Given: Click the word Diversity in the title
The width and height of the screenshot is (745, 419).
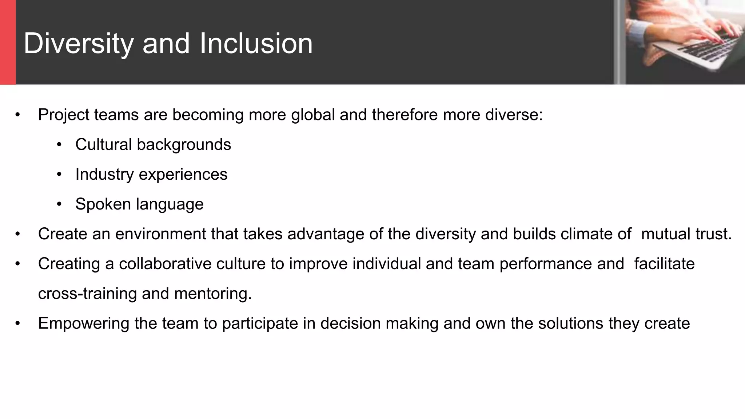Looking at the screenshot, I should point(79,44).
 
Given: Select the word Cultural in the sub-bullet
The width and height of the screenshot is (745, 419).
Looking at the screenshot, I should point(103,144).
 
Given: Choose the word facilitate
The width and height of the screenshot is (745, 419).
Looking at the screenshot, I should point(664,264).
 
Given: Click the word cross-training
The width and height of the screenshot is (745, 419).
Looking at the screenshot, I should point(87,294).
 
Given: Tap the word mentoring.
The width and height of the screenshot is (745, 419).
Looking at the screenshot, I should point(213,294).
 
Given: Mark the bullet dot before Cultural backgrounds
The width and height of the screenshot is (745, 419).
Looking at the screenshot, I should point(59,145).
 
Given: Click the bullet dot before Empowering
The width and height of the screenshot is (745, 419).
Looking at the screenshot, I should point(17,324).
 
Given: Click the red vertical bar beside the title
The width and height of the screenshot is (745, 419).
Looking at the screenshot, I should point(8,42).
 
